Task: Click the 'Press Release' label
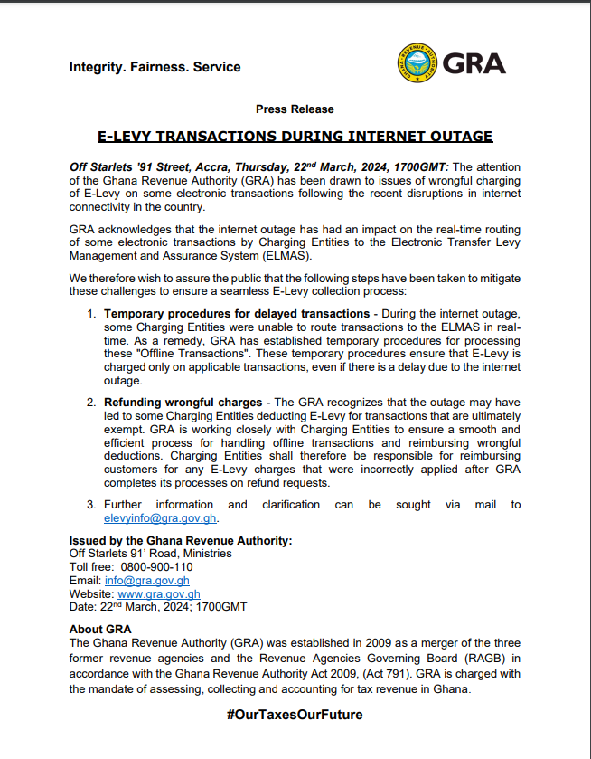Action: coord(295,109)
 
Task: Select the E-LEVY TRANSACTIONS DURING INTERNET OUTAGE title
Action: coord(295,137)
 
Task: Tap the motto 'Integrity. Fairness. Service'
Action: coord(155,67)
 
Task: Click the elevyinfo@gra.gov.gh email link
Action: coord(161,518)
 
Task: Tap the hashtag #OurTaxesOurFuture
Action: coord(295,715)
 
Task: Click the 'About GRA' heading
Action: coord(100,629)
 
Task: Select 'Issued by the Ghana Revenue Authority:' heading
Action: coord(181,540)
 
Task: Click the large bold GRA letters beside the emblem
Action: coord(475,64)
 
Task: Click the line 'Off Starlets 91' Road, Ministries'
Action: coord(150,553)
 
